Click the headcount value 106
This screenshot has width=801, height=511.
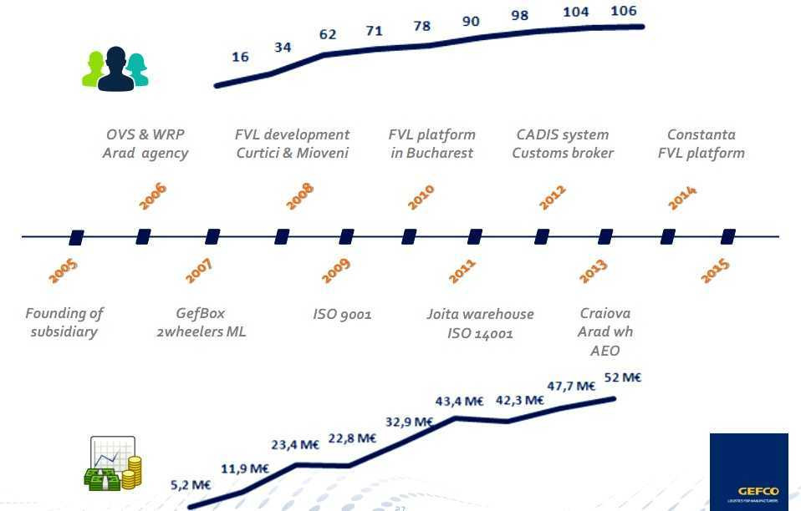(624, 11)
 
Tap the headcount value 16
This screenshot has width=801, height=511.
(240, 57)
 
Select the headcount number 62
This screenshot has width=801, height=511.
(327, 34)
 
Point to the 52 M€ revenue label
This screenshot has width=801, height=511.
(622, 377)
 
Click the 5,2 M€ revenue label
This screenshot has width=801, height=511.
(190, 484)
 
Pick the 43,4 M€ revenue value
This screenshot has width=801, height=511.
(459, 401)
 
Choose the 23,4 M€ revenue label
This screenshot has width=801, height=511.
(294, 444)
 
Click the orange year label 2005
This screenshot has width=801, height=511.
(63, 271)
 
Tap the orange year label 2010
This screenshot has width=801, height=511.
(421, 197)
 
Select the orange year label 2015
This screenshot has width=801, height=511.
(715, 271)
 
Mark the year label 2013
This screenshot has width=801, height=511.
(593, 271)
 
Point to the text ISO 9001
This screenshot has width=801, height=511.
(342, 315)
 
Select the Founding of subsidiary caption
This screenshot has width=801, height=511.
(64, 322)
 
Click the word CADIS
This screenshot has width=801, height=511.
(538, 134)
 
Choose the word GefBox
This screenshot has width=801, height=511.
(200, 313)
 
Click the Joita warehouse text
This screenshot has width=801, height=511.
(480, 314)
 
